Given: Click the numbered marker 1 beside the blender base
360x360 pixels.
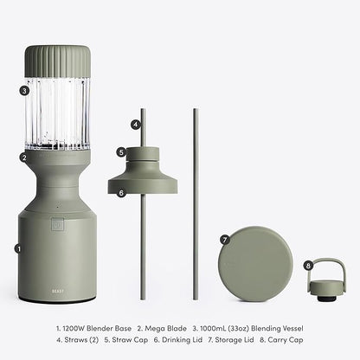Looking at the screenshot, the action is (19, 248).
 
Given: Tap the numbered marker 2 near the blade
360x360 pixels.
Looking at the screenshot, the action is (24, 157).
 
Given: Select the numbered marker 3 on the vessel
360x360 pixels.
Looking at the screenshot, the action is (24, 91).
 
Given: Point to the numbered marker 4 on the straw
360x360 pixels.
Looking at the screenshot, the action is (136, 125).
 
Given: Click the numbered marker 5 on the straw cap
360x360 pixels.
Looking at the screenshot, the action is (121, 152).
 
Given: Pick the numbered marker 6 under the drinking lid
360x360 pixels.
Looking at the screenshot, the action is (121, 193).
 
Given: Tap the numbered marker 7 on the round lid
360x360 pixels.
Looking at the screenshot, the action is (225, 240).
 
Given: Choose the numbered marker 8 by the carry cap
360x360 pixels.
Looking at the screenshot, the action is (308, 266).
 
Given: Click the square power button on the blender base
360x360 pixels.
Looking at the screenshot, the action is (57, 224).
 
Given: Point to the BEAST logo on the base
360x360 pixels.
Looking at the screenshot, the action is (58, 291).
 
